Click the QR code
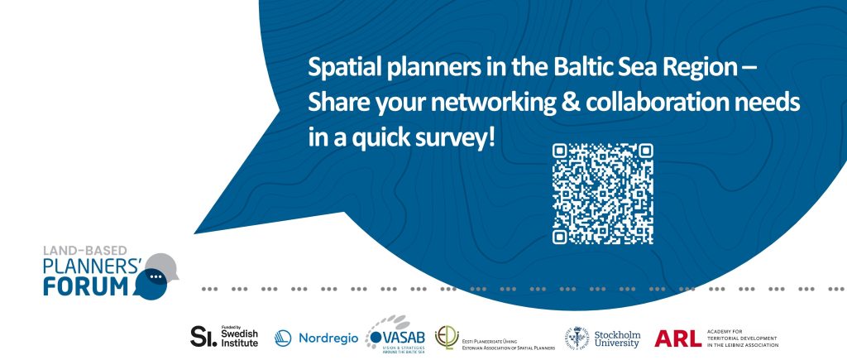click(602, 194)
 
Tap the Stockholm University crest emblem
click(577, 337)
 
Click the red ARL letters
click(677, 337)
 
